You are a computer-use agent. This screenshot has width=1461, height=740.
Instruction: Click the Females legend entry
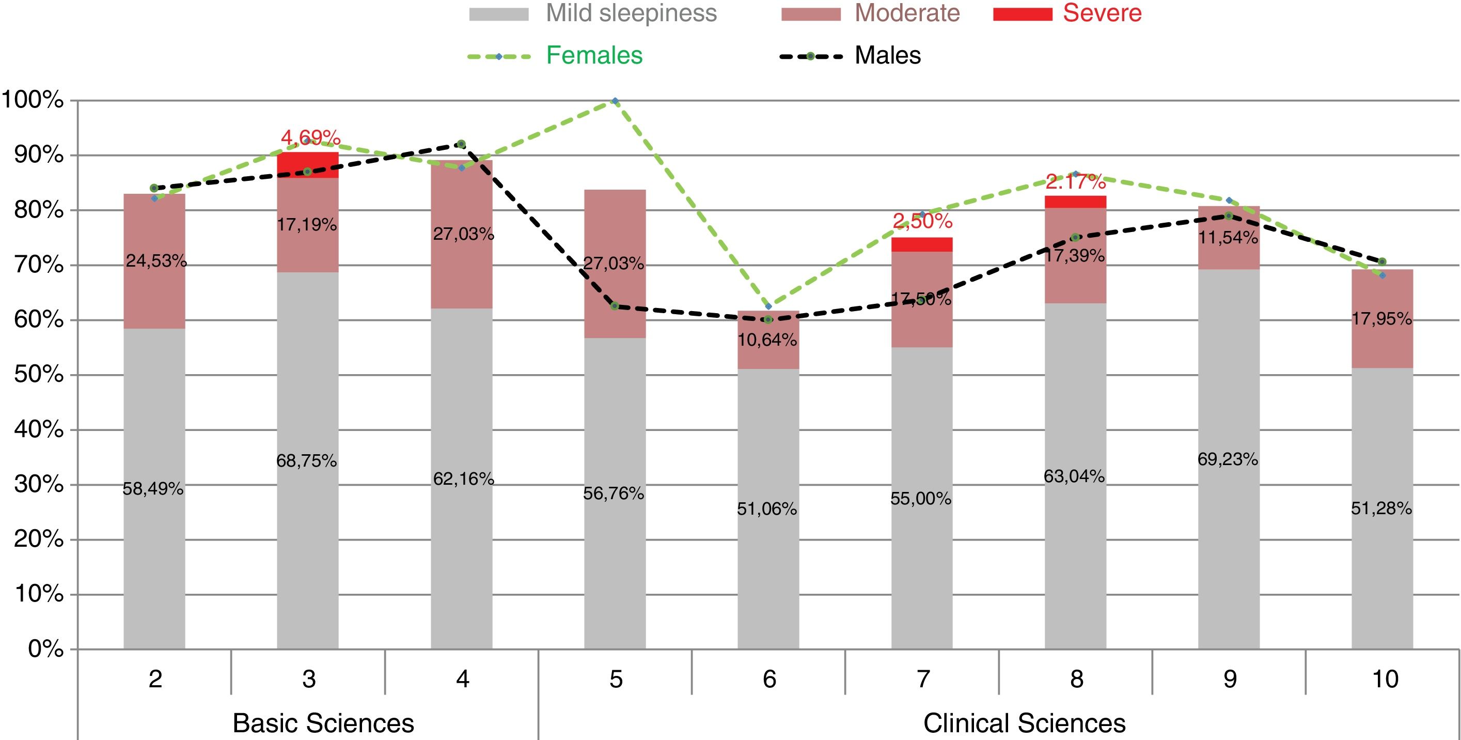[x=594, y=56]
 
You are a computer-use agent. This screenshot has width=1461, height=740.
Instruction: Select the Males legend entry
[x=887, y=56]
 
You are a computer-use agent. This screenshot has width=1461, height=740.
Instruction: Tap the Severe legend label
[x=1102, y=13]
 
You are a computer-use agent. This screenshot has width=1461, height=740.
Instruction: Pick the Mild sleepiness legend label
[x=631, y=13]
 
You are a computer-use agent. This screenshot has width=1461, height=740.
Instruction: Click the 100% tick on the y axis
[x=33, y=100]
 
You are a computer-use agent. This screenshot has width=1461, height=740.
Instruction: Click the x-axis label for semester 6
[x=768, y=679]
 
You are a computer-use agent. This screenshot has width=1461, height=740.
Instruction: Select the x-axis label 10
[x=1385, y=679]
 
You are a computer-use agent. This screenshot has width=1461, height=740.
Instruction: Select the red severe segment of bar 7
[x=922, y=244]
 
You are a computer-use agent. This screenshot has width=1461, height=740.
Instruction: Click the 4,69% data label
[x=310, y=137]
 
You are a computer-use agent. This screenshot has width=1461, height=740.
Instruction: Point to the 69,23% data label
[x=1228, y=459]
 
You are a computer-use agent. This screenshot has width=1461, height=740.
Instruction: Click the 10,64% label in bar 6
[x=767, y=340]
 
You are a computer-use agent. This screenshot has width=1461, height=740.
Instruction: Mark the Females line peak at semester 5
[x=615, y=101]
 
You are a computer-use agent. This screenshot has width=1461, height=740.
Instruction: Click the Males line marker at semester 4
[x=461, y=144]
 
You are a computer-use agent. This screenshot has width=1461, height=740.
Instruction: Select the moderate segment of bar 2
[x=154, y=284]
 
